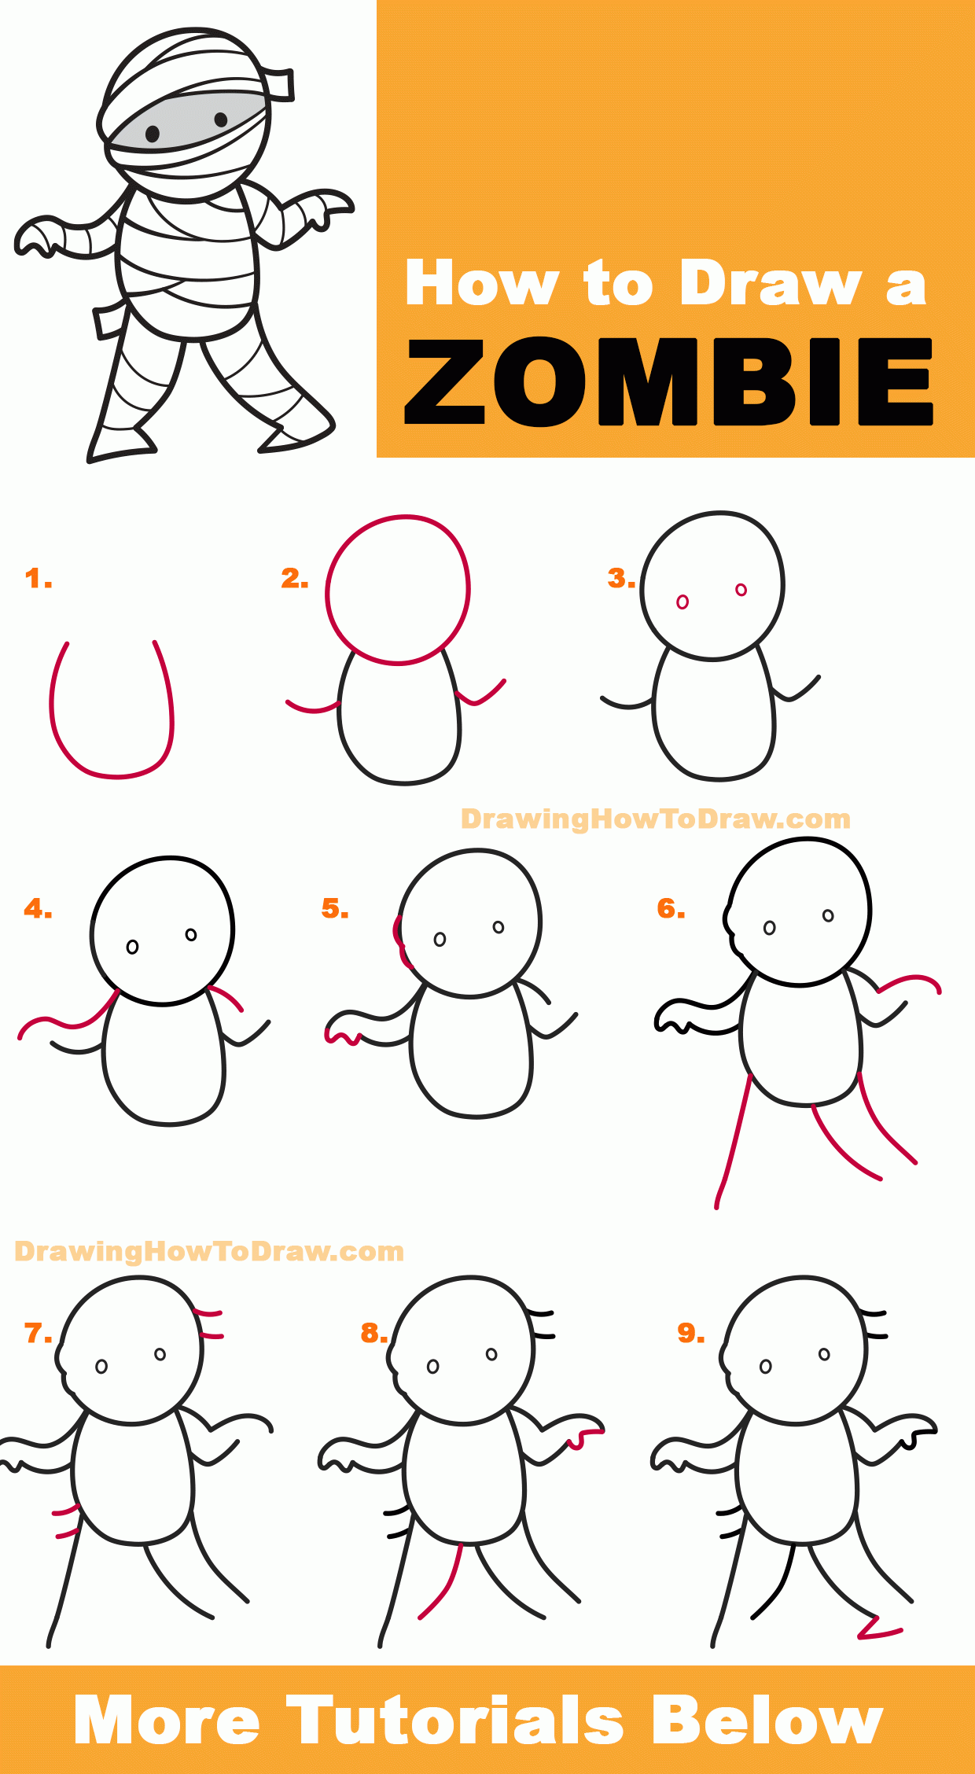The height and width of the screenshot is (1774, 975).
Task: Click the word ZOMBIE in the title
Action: tap(668, 382)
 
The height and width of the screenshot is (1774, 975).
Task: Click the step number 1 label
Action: tap(39, 579)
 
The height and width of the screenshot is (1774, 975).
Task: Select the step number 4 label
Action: tap(38, 909)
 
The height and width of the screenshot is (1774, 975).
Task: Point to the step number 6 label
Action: tap(671, 908)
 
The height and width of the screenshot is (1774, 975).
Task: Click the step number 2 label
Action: tap(295, 579)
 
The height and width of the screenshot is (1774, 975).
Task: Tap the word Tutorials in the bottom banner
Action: tap(455, 1721)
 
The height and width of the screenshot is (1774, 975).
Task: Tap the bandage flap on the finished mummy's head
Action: tap(280, 85)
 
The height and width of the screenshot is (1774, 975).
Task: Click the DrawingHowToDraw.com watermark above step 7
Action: tap(209, 1251)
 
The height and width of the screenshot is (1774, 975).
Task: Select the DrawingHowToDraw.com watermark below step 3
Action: tap(656, 819)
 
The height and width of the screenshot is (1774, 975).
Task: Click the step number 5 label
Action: tap(335, 908)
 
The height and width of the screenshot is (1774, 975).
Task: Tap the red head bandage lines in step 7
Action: tap(209, 1324)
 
